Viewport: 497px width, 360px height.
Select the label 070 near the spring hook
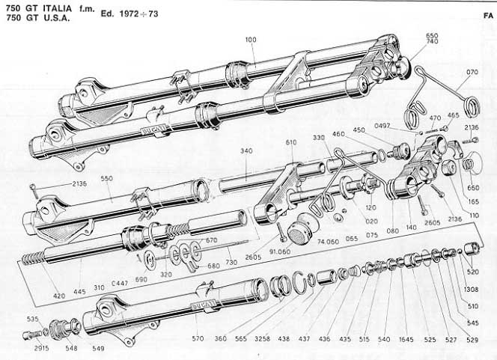click(472, 73)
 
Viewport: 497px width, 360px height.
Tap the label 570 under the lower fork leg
click(198, 339)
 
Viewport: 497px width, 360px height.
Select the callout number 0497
click(382, 126)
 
